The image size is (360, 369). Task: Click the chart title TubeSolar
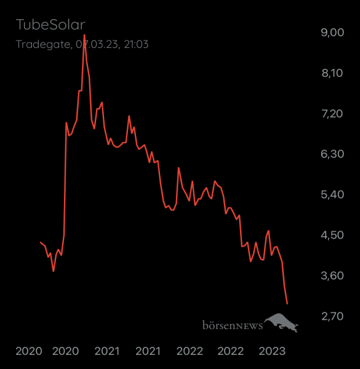50,26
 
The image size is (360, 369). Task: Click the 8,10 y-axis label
332,73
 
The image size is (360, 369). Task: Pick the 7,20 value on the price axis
332,114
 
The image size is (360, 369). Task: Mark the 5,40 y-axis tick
332,195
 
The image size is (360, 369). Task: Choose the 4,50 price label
332,236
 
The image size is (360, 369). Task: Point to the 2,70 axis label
332,317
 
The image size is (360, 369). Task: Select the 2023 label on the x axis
271,352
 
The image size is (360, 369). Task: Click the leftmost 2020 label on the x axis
28,352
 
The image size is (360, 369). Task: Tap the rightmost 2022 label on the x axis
231,352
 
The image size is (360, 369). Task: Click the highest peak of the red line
84,35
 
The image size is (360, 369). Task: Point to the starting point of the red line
40,242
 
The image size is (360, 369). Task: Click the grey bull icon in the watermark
282,322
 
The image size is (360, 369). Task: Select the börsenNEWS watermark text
232,325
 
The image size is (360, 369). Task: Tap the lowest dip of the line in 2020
54,271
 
